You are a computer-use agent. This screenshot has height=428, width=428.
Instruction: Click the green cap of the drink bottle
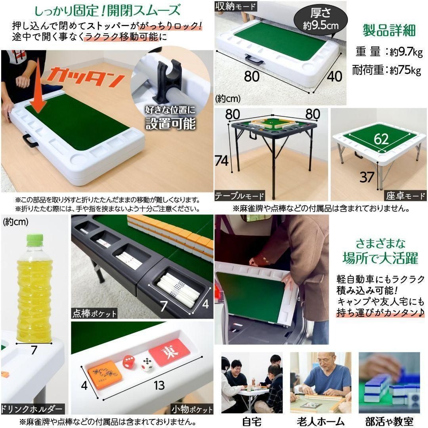pos(34,239)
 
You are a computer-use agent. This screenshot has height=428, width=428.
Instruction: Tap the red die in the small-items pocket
pos(128,362)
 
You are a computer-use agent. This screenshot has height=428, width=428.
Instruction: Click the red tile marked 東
pos(166,352)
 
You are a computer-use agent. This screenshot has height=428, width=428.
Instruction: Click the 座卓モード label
pos(405,195)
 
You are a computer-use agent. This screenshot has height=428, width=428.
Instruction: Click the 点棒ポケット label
pos(94,313)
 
